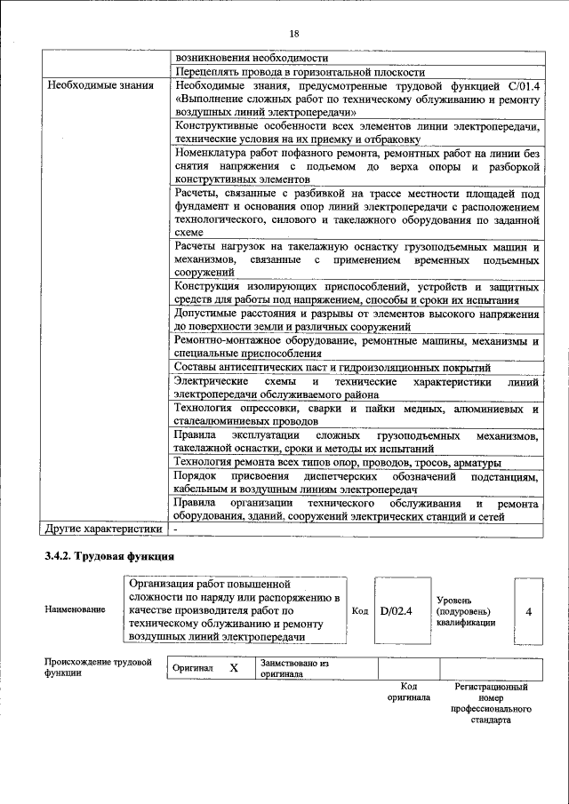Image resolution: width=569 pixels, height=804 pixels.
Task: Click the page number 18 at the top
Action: pos(294,34)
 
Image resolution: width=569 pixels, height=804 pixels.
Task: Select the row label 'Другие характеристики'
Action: pos(103,529)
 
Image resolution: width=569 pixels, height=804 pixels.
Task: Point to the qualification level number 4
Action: pos(529,612)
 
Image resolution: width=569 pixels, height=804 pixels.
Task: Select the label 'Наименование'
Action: pos(70,611)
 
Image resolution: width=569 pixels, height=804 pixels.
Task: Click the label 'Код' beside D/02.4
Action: pos(360,611)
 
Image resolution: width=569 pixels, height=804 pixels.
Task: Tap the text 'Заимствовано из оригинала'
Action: pos(294,668)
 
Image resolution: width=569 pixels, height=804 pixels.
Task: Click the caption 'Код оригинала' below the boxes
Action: pos(409,692)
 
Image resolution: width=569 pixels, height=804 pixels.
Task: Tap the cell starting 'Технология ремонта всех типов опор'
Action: pos(337,463)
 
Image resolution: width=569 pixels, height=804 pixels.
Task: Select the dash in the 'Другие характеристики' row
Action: pos(176,529)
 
